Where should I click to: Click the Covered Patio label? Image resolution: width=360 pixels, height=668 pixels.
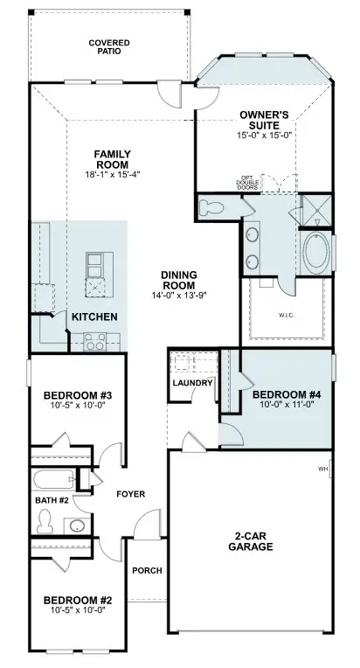coord(109,45)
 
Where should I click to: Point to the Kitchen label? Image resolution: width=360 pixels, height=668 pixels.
coord(94,316)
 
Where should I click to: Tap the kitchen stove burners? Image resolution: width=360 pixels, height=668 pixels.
coord(94,342)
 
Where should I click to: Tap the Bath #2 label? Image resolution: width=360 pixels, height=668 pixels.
coord(51,500)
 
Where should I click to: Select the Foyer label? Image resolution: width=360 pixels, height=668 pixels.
coord(130,494)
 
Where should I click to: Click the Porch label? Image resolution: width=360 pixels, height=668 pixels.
coord(145,571)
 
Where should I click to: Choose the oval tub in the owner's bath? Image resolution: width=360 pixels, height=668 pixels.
coord(316,254)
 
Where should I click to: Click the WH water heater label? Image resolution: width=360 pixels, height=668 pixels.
coord(322,470)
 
